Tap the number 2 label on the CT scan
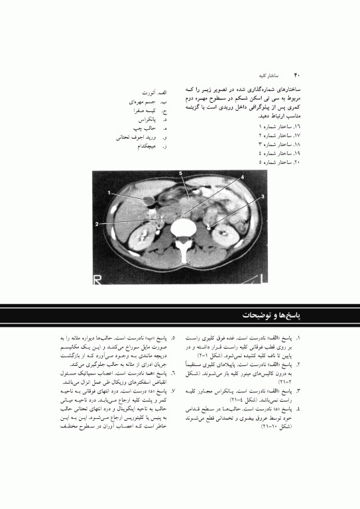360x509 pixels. pyautogui.click(x=97, y=225)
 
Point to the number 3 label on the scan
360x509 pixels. pyautogui.click(x=263, y=197)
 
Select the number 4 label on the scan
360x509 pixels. pyautogui.click(x=242, y=178)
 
